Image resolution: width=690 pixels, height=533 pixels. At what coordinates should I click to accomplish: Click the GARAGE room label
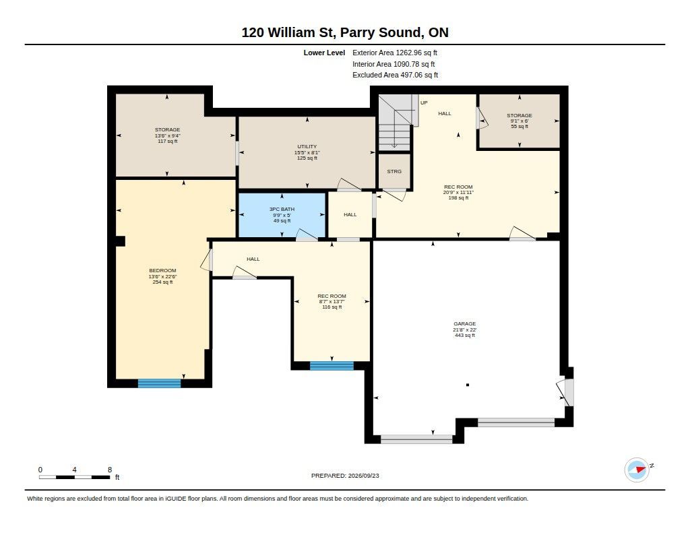coord(465,323)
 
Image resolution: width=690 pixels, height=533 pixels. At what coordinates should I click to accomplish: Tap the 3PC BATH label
coord(282,209)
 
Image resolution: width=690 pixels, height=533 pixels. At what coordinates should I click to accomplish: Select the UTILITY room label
coord(307,147)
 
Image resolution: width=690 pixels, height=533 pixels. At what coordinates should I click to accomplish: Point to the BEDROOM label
coord(162,271)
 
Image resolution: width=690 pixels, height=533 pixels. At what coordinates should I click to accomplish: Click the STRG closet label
coord(394,171)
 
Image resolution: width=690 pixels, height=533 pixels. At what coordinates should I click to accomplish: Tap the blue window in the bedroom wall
coord(159,383)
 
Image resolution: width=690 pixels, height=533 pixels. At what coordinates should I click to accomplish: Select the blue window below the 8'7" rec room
coord(332,366)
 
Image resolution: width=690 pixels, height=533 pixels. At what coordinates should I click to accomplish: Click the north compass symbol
coord(637,470)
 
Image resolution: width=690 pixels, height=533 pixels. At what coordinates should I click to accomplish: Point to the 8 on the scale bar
coord(110,470)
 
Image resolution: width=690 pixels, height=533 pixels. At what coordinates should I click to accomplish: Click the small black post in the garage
coord(468,385)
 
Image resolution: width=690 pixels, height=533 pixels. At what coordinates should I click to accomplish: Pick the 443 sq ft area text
coord(465,336)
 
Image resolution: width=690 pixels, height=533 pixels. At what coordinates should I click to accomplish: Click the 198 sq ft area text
coord(458,198)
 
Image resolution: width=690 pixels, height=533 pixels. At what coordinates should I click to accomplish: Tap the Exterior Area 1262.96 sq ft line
coord(395,53)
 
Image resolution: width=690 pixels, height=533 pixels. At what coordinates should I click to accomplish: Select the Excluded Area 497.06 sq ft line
coord(395,75)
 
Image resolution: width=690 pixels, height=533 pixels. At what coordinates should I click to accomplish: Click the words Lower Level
coord(324,53)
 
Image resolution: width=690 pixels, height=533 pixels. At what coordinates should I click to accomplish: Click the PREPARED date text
coord(345,476)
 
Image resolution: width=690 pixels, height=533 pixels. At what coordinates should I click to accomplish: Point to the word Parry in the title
coord(357,32)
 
